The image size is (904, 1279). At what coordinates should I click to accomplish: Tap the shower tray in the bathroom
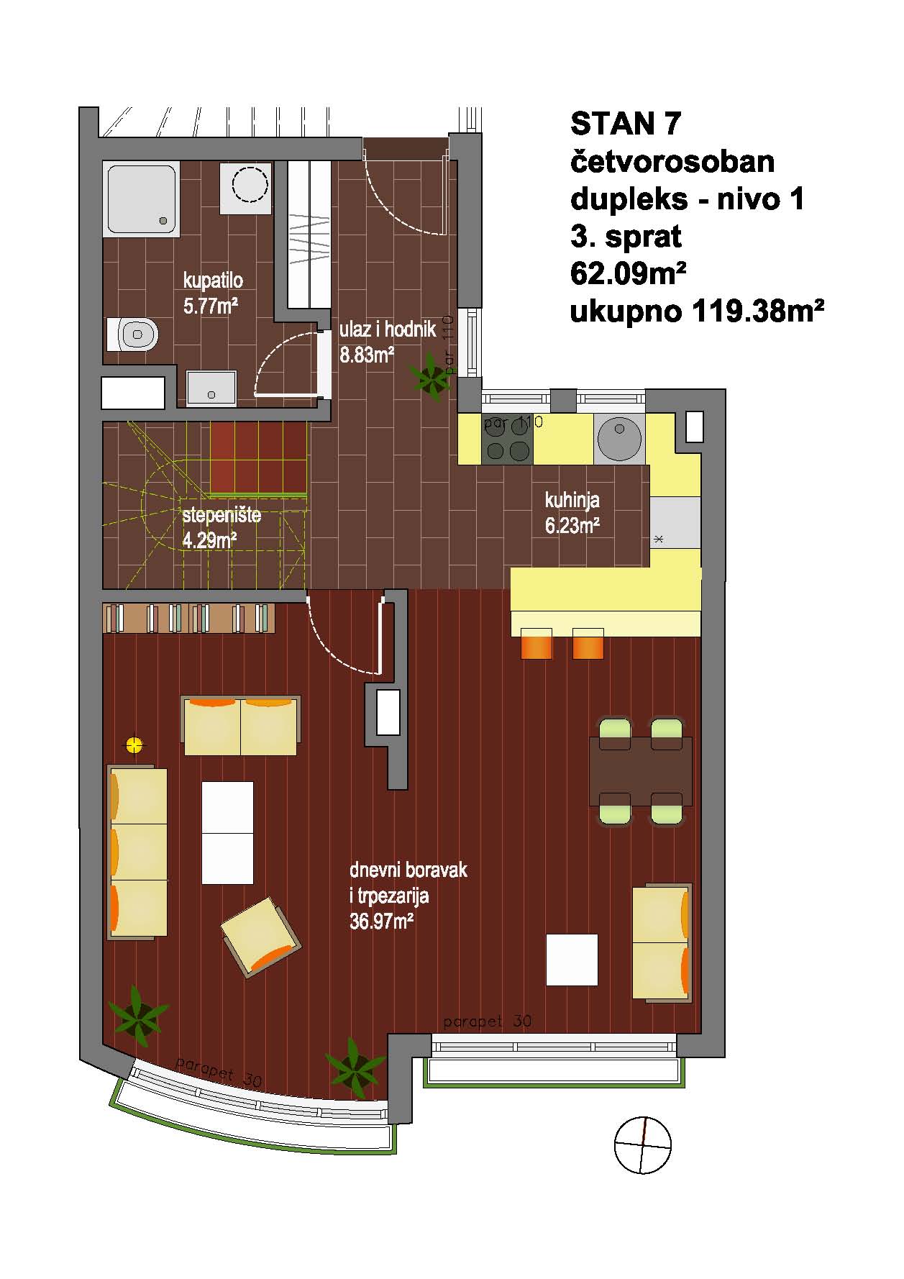tap(142, 199)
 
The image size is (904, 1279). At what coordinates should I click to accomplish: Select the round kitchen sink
tap(619, 438)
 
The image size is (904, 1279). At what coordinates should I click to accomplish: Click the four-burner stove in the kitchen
tap(508, 438)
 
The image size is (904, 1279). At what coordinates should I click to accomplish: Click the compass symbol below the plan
tap(643, 1144)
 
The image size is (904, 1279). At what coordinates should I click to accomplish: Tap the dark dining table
tap(641, 771)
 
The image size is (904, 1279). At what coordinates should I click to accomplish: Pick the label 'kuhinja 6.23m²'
tap(572, 513)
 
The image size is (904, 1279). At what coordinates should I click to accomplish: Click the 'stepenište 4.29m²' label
tap(221, 528)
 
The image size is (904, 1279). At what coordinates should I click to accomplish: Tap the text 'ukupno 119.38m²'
tap(696, 312)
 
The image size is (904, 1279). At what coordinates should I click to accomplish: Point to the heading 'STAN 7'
tap(625, 124)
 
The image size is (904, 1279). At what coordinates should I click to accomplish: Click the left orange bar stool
tap(536, 643)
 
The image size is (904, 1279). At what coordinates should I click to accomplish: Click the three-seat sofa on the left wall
tap(137, 852)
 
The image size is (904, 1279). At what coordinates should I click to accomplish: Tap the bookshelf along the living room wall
tap(189, 618)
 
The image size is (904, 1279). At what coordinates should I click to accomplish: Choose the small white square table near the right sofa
tap(572, 960)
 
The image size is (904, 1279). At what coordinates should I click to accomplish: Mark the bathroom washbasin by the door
tap(211, 388)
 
